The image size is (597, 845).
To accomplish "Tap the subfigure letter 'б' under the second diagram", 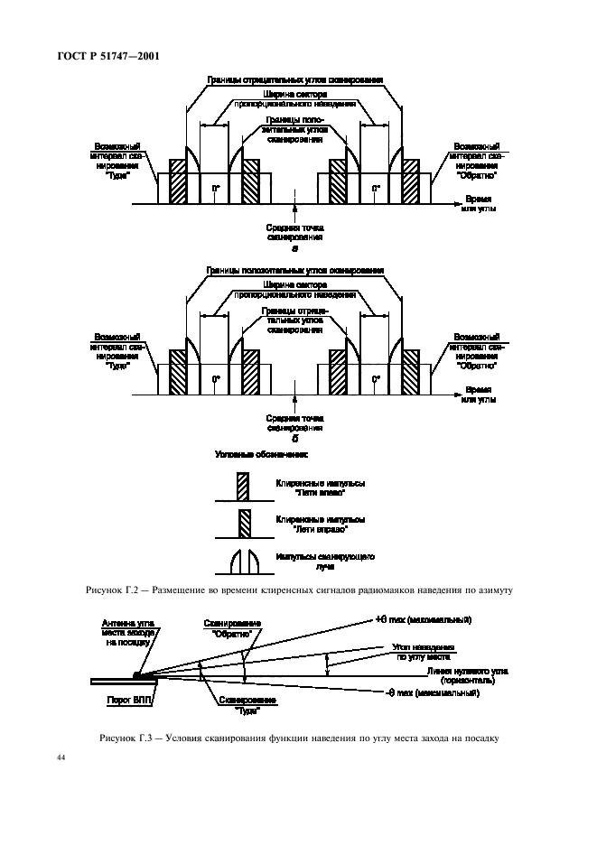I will [x=294, y=437].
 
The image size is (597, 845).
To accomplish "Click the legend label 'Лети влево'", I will [x=321, y=487].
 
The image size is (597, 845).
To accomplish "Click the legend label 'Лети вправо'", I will [x=321, y=525].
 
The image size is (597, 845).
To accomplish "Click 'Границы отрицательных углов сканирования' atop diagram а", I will [x=294, y=80].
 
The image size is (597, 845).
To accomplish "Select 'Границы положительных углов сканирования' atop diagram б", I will [x=294, y=270].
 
